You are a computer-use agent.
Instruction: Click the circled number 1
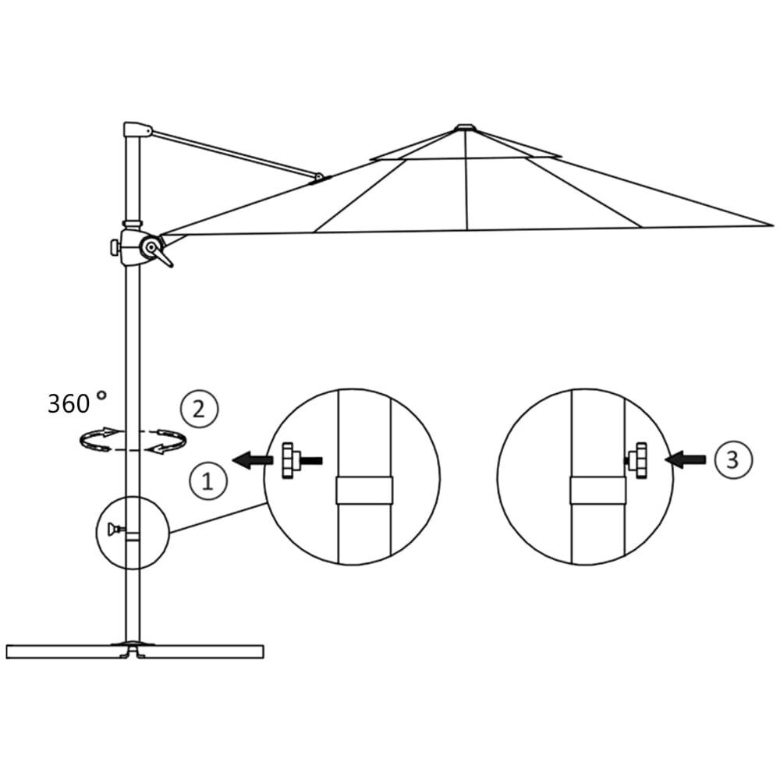pos(207,481)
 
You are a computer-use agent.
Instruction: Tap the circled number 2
pos(199,409)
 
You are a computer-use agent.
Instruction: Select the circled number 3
pos(732,459)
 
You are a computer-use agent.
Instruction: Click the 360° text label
pos(76,403)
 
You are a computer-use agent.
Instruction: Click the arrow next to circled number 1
pos(253,461)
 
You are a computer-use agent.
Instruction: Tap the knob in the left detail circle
pos(292,461)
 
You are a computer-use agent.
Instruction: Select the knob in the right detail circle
pos(639,459)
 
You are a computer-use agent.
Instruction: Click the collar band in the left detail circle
pos(364,490)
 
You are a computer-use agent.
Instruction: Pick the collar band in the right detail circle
pos(597,490)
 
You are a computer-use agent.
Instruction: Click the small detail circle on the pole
pos(133,532)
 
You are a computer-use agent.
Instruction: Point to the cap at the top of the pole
pos(136,129)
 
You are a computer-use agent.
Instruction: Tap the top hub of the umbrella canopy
pos(465,126)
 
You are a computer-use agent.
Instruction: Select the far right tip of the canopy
pos(771,225)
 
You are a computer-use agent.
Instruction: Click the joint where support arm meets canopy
pos(318,179)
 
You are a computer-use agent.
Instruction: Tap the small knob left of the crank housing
pos(115,247)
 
